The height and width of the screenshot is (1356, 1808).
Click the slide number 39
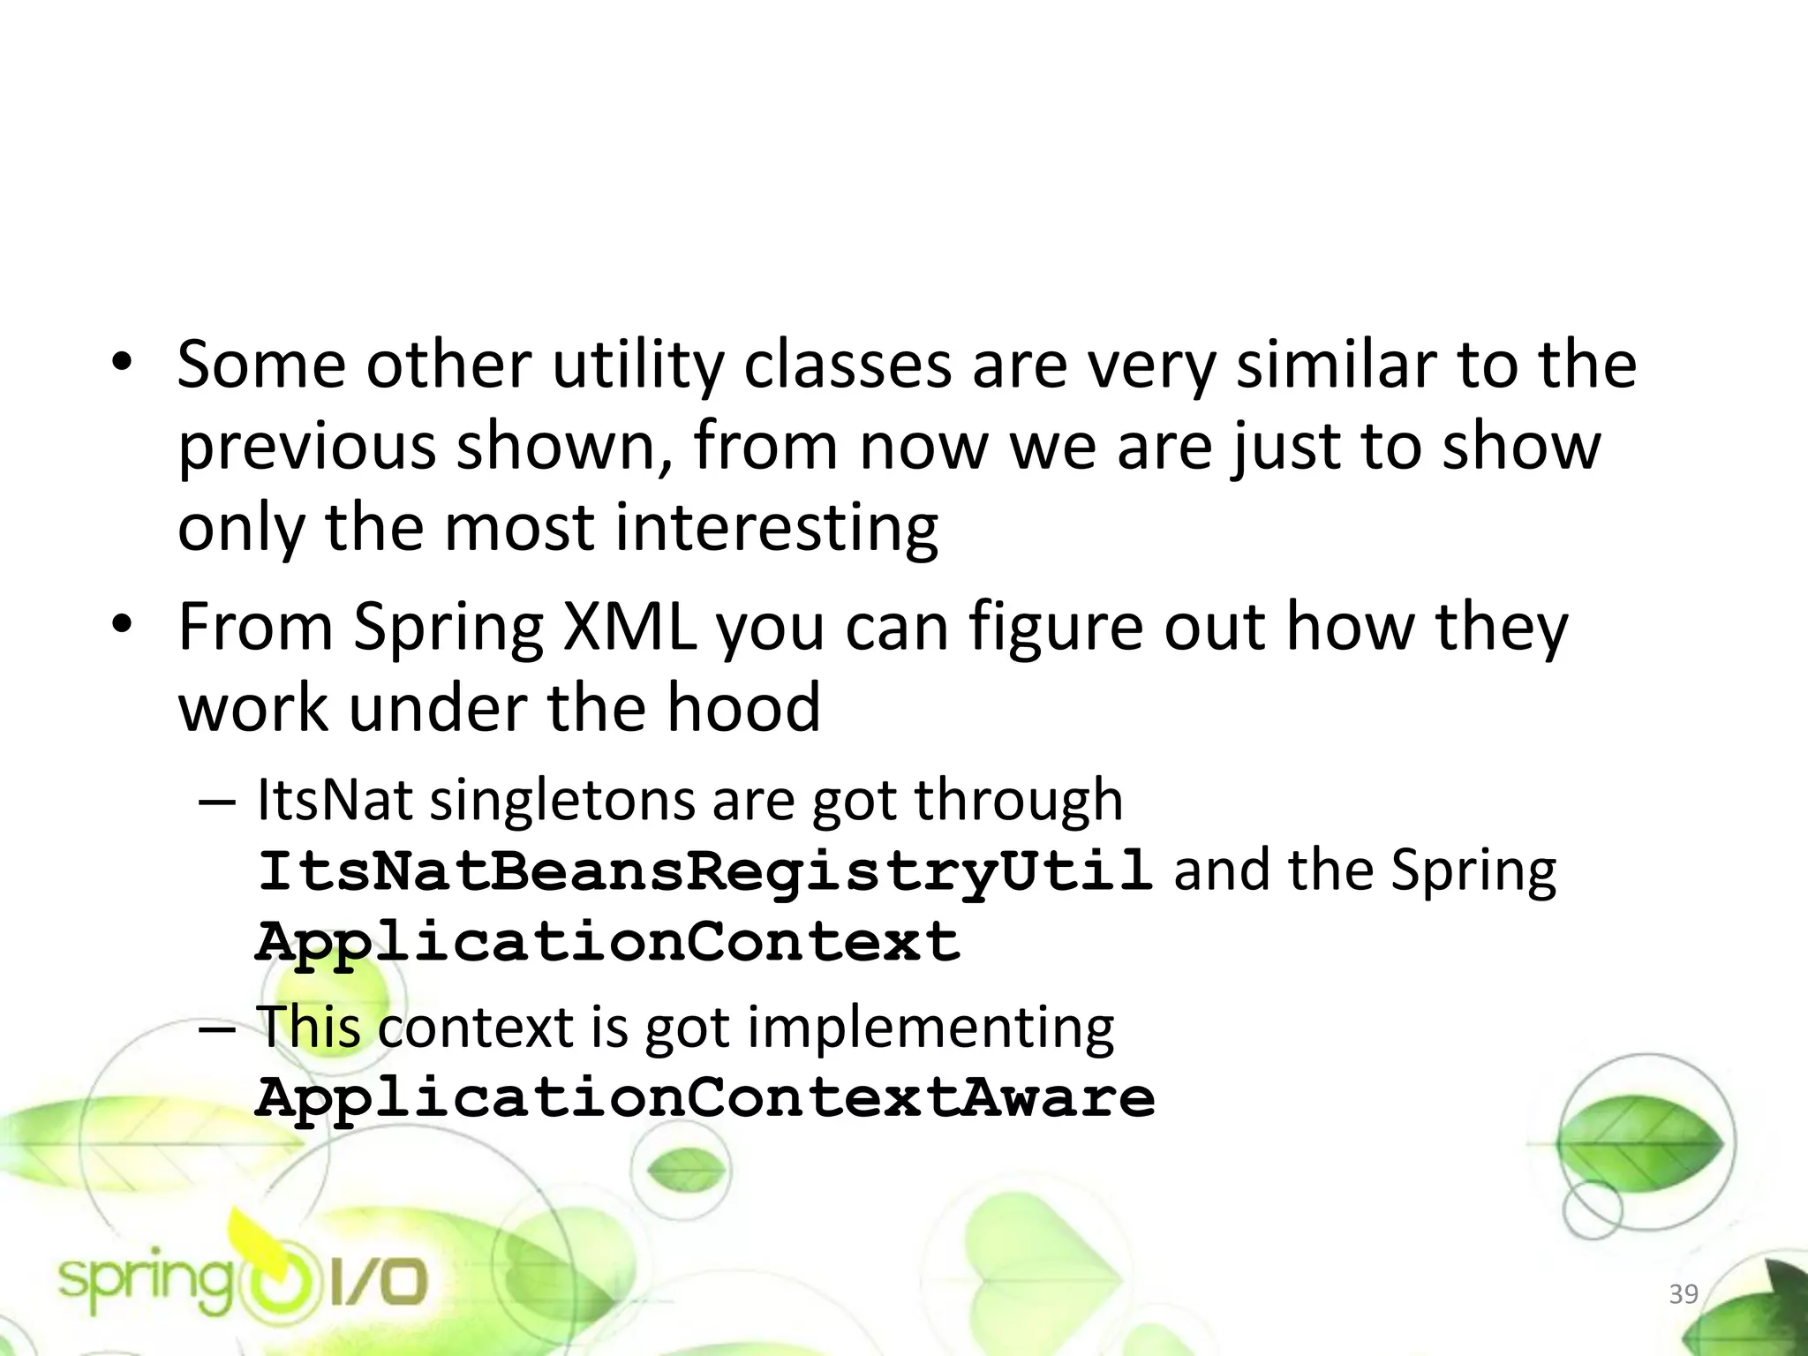click(x=1684, y=1294)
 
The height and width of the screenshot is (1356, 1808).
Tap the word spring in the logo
click(x=147, y=1283)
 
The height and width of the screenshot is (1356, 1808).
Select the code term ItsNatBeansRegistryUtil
click(x=704, y=870)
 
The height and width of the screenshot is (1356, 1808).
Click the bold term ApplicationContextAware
click(x=704, y=1098)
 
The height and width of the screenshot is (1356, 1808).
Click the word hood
click(x=743, y=708)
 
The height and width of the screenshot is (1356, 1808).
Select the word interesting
click(x=776, y=528)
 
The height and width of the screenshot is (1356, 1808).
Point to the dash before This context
click(x=217, y=1029)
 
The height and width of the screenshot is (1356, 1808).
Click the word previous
click(x=306, y=447)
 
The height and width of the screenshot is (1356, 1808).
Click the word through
click(x=1018, y=801)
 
